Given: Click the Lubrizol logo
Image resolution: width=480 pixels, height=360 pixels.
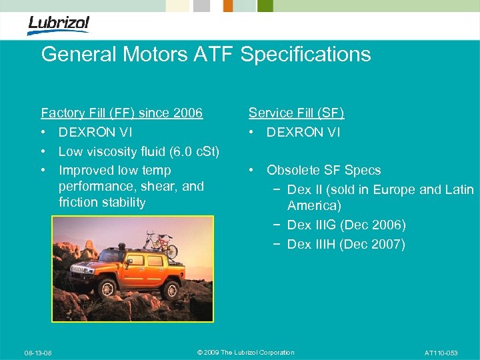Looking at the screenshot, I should coord(58,25).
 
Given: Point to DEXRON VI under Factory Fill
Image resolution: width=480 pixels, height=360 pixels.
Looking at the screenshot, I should coord(95,133).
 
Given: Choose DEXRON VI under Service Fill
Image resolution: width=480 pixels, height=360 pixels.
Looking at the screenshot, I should coord(303,133).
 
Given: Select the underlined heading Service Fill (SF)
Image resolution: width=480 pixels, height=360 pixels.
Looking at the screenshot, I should coord(296,113).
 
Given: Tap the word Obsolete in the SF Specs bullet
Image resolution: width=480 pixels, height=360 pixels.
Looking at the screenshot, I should coord(293,171).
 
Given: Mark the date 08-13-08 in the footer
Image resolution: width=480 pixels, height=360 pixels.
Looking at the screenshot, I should coord(38,353).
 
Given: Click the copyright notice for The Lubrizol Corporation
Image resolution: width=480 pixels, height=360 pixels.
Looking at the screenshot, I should coord(246,353).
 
